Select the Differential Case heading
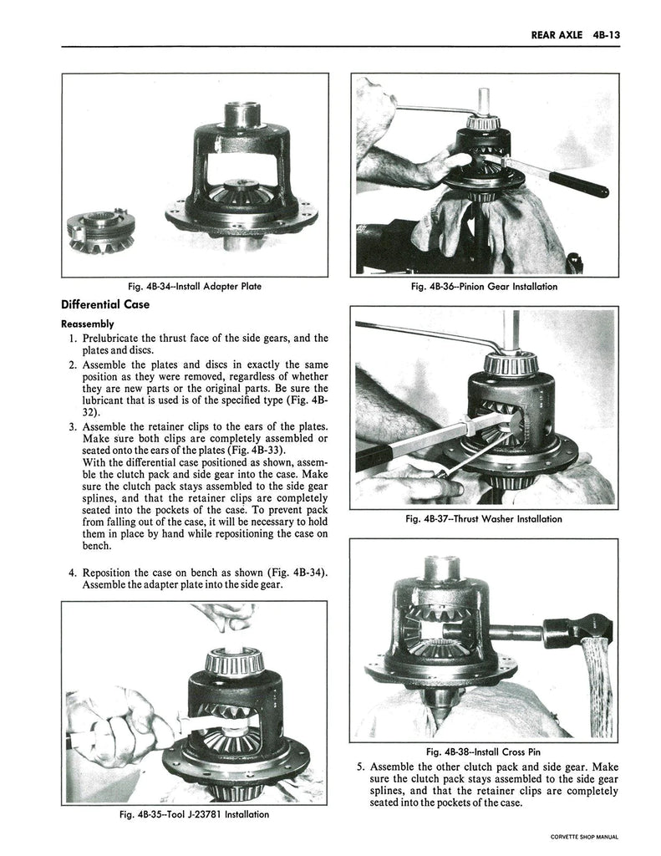(x=104, y=304)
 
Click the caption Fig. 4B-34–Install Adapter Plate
(x=195, y=286)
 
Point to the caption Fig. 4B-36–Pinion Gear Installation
(x=485, y=286)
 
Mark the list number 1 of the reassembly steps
(x=73, y=338)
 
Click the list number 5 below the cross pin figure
(x=360, y=767)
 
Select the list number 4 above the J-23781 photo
(x=73, y=573)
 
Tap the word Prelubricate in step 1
(x=117, y=338)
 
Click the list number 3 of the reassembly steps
(x=73, y=427)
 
